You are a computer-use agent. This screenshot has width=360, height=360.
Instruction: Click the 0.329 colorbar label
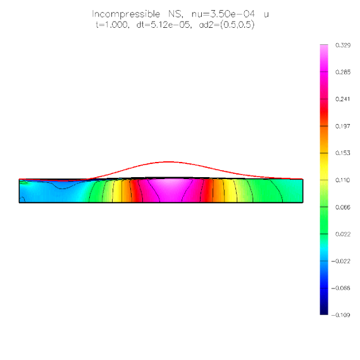343,45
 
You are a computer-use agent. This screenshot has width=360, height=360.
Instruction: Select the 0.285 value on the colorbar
343,72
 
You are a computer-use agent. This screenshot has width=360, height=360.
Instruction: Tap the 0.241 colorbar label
342,99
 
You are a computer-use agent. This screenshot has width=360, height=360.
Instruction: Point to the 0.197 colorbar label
342,126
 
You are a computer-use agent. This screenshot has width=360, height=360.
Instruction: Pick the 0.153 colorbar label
342,153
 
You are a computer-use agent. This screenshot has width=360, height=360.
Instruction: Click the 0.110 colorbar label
342,180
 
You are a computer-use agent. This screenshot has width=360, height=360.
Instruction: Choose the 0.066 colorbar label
343,207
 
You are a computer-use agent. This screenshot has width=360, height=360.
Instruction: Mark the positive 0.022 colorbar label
343,234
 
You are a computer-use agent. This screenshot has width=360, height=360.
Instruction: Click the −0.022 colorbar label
341,261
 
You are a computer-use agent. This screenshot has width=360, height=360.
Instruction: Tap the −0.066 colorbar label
341,288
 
